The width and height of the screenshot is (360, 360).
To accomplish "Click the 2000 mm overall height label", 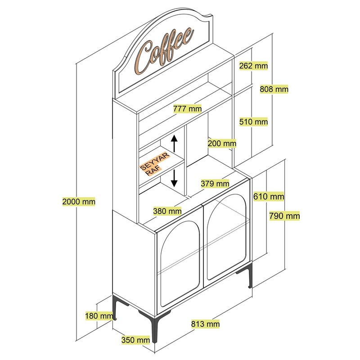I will [79, 202].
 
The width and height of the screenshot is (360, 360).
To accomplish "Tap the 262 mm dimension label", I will [253, 66].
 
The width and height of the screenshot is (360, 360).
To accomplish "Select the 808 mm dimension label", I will [274, 89].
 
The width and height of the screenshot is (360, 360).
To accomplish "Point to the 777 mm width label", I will [187, 108].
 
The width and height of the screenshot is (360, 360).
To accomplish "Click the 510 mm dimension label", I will [253, 121].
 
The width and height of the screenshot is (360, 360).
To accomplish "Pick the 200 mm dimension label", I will [222, 144].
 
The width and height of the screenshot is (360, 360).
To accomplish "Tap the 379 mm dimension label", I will [215, 183].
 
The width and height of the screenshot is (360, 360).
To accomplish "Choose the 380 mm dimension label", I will [167, 211].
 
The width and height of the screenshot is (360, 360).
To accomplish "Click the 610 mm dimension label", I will [269, 196].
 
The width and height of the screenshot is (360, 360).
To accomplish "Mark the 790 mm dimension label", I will [284, 216].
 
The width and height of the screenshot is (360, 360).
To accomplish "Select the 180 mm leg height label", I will [99, 316].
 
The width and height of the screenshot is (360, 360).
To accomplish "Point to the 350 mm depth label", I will [135, 340].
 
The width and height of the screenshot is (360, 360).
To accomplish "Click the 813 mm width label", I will [206, 324].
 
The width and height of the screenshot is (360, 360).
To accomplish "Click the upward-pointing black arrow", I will [175, 144].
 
